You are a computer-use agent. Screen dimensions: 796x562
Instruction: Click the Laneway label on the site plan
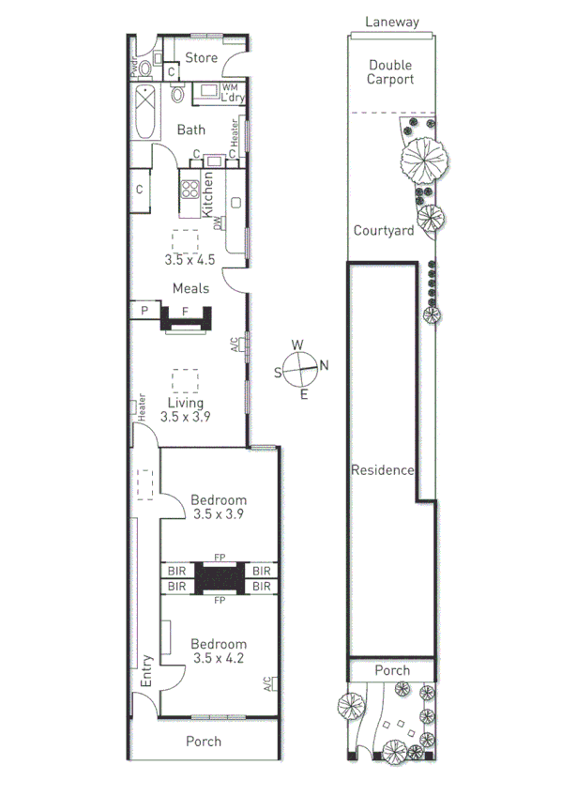point(392,22)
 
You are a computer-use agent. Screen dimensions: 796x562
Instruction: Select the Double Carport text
point(391,72)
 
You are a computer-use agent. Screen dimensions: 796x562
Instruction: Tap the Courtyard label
point(384,231)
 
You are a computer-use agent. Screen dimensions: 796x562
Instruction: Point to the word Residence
point(382,470)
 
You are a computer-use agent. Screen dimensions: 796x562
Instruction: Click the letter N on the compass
point(325,366)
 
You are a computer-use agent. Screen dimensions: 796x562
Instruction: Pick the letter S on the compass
point(278,373)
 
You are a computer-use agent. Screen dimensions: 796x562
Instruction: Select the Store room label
point(201,58)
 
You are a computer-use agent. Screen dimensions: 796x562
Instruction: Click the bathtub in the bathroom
point(145,112)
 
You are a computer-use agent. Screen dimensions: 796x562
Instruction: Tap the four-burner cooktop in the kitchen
point(190,190)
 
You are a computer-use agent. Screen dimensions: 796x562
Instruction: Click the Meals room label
point(190,288)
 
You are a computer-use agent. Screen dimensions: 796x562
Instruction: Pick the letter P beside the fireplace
point(145,311)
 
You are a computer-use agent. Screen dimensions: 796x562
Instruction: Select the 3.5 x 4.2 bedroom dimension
point(219,658)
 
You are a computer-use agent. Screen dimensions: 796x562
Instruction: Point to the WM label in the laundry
point(230,87)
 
